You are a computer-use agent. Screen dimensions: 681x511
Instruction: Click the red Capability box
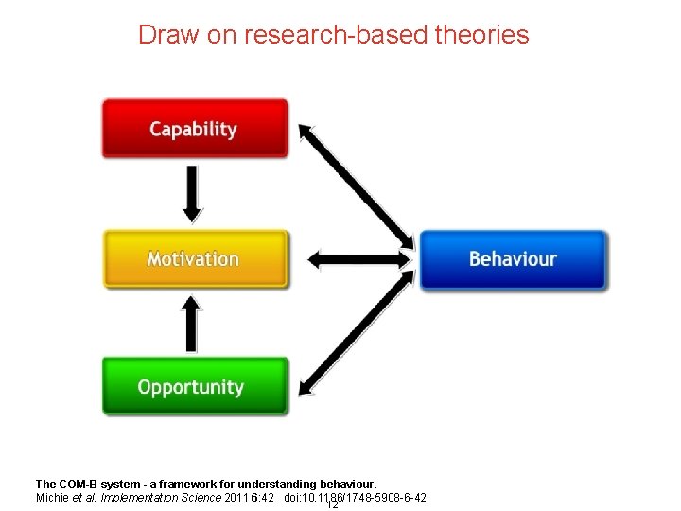point(194,129)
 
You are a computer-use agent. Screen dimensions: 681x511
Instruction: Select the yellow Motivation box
point(194,258)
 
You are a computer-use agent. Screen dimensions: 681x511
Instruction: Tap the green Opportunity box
point(194,386)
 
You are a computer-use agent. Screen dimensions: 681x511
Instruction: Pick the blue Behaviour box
point(513,258)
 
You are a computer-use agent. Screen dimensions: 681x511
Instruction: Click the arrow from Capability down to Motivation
point(192,193)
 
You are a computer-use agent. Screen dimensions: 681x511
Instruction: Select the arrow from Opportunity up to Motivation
point(192,323)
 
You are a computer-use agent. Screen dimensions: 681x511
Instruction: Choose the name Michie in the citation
point(52,498)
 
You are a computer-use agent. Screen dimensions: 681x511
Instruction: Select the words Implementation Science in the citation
point(164,498)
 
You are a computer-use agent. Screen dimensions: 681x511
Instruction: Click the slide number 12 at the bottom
point(332,504)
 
